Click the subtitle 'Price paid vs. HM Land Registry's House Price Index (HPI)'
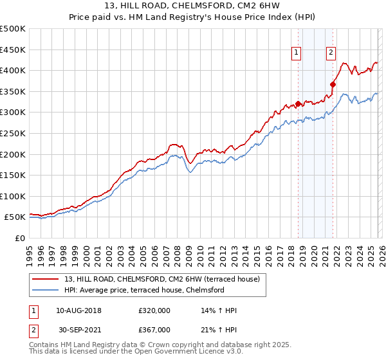point(192,18)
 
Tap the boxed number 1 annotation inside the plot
point(297,53)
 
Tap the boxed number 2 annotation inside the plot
point(331,53)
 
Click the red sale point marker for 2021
point(333,84)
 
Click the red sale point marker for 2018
point(298,104)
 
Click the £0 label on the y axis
point(20,238)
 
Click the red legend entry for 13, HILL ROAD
point(161,279)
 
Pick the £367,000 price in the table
point(154,329)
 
